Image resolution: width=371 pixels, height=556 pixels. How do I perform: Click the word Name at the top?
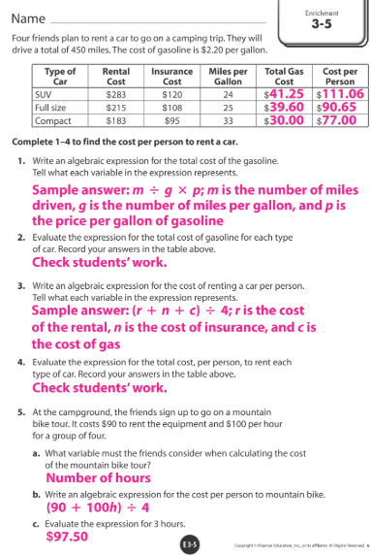[28, 18]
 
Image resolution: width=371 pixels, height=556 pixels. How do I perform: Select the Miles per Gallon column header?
[229, 77]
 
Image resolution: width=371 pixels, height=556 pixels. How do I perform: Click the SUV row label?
[42, 95]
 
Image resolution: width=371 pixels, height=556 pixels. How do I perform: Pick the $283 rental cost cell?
[116, 95]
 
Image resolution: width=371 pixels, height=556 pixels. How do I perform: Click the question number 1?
[20, 159]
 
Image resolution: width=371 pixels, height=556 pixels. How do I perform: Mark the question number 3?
[20, 287]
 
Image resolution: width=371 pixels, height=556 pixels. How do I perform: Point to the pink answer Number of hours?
[98, 477]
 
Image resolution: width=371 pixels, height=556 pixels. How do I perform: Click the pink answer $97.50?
[67, 536]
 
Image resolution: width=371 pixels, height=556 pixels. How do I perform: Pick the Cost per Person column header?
[340, 77]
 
